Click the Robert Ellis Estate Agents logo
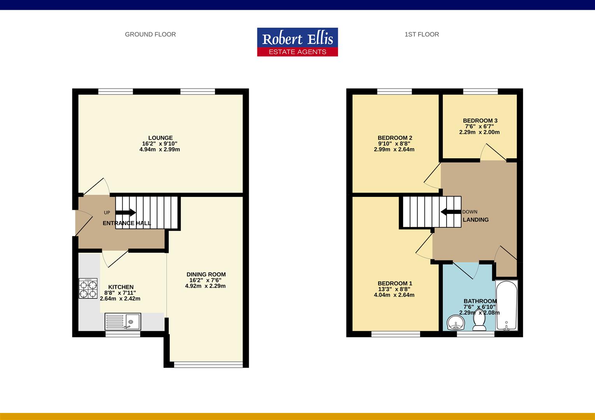pyautogui.click(x=297, y=42)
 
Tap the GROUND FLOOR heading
pyautogui.click(x=150, y=35)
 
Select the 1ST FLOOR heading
pyautogui.click(x=422, y=35)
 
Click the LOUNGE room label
pyautogui.click(x=160, y=138)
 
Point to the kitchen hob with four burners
pyautogui.click(x=88, y=289)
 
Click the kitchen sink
pyautogui.click(x=123, y=322)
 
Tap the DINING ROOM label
pyautogui.click(x=206, y=274)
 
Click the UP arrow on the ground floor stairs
pyautogui.click(x=126, y=212)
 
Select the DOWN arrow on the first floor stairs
pyautogui.click(x=451, y=212)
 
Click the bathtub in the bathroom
pyautogui.click(x=507, y=305)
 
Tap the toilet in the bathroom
pyautogui.click(x=479, y=320)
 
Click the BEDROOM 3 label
pyautogui.click(x=480, y=121)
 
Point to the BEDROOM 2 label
pyautogui.click(x=395, y=138)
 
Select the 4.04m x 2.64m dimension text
pyautogui.click(x=394, y=295)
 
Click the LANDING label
pyautogui.click(x=476, y=220)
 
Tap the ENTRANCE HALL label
pyautogui.click(x=127, y=223)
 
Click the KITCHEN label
pyautogui.click(x=121, y=287)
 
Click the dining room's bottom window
pyautogui.click(x=208, y=364)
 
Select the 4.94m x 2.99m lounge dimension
pyautogui.click(x=160, y=149)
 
